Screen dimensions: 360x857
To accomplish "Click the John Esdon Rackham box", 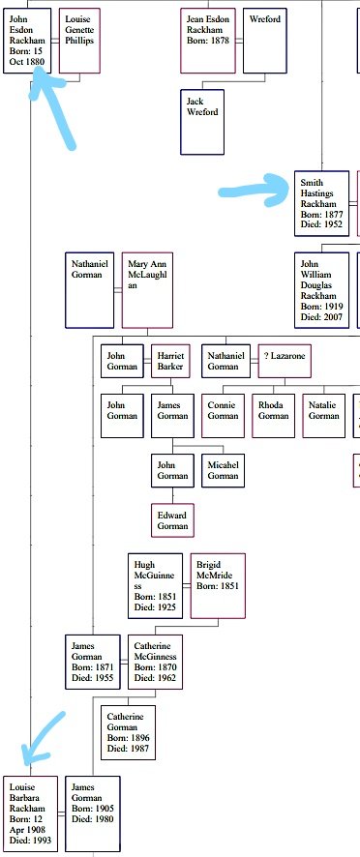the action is click(27, 41).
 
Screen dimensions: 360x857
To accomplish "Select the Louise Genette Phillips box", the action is click(79, 41).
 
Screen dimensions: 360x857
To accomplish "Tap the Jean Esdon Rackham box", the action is click(208, 41).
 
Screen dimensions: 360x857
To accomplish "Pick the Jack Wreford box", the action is click(202, 122).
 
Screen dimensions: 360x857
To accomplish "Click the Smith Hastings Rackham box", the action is click(321, 204).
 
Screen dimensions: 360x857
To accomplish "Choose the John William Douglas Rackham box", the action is click(321, 289).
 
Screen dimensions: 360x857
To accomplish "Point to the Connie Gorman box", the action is click(224, 410).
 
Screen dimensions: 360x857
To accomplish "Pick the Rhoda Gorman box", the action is click(274, 410).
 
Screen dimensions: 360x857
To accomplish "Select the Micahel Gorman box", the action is click(224, 470).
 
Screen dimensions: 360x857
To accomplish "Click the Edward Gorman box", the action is click(172, 519).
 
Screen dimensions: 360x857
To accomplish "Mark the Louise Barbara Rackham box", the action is click(29, 813).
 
